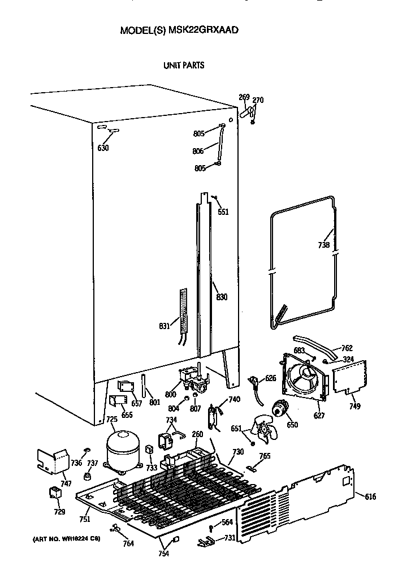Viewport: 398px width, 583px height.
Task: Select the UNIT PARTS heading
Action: [x=184, y=66]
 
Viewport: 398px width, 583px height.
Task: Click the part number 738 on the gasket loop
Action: [x=323, y=245]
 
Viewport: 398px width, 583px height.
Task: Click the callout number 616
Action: [x=370, y=496]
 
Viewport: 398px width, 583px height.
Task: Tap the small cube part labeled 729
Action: [x=55, y=494]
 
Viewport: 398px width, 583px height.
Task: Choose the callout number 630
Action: [x=102, y=148]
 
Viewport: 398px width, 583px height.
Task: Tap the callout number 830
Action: [x=221, y=297]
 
